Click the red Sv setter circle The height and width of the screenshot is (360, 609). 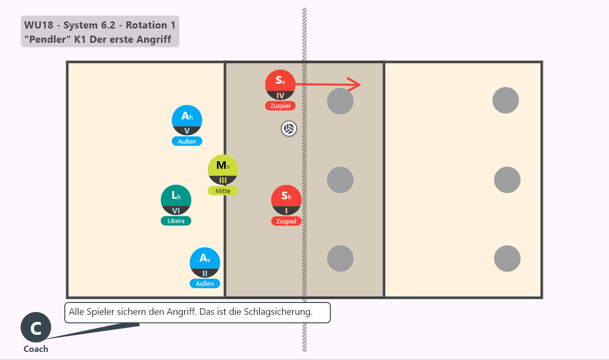coord(280,85)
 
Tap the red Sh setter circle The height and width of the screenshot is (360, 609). coord(286,200)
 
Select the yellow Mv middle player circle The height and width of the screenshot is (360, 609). coord(223,170)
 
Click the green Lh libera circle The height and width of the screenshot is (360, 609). coord(176,200)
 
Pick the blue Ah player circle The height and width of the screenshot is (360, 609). coord(187,120)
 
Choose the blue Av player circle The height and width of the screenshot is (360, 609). coord(205,263)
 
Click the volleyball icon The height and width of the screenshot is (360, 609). coord(289,128)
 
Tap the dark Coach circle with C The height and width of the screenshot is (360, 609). coord(36,327)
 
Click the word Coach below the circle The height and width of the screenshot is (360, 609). coord(36,349)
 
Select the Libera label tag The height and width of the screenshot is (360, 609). coord(176,221)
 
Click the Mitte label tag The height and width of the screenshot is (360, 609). coord(223,191)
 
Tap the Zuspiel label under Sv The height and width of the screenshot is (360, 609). coord(280,106)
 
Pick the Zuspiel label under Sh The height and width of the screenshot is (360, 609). coord(286,221)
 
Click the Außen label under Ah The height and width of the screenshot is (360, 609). coord(187,141)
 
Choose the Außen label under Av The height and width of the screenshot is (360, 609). coord(205,283)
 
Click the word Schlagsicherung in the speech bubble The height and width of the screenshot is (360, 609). coord(278,312)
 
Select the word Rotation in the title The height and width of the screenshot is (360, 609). coord(147,25)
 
